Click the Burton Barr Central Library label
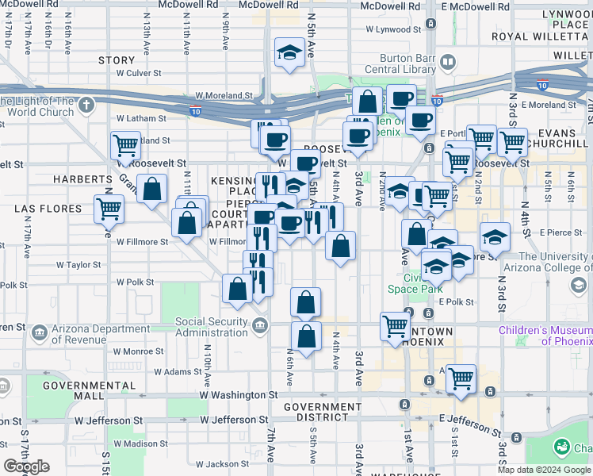[x=400, y=63]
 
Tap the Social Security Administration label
[x=212, y=327]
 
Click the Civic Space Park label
[x=415, y=284]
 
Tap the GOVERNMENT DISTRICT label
[x=322, y=413]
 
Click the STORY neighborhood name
[x=117, y=60]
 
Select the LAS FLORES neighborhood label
[x=48, y=209]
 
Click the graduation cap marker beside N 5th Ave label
[x=289, y=53]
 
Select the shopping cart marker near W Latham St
[x=125, y=145]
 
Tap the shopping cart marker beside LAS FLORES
[x=109, y=209]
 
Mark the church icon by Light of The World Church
[x=86, y=104]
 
